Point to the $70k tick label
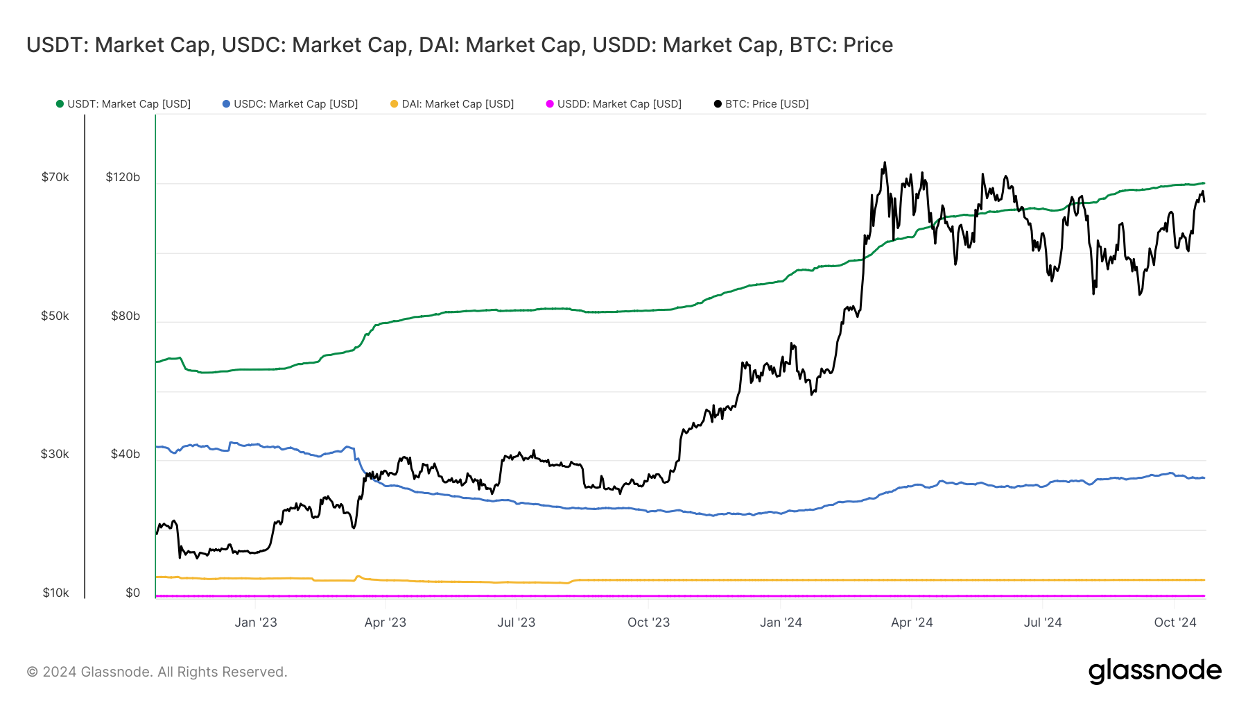coord(55,178)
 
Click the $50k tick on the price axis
coord(55,316)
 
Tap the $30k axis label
coord(55,455)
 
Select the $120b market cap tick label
coord(123,178)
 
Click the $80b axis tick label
coord(125,316)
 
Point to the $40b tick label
coord(125,455)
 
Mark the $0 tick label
coord(132,593)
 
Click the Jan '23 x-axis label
coord(256,622)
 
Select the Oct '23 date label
coord(648,622)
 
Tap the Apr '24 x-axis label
coord(912,622)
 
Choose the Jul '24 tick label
coord(1043,622)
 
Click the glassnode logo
coord(1154,671)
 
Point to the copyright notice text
coord(157,672)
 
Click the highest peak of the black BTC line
coord(884,163)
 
